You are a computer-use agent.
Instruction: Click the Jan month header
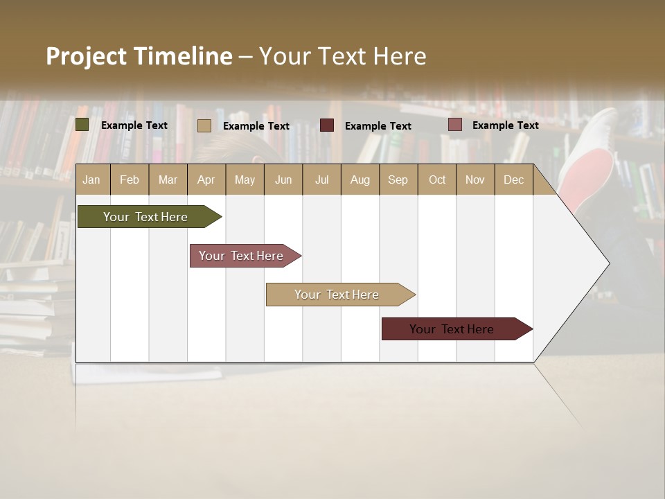pyautogui.click(x=91, y=180)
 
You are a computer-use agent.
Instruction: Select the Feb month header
pyautogui.click(x=130, y=180)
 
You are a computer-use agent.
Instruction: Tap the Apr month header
pyautogui.click(x=206, y=180)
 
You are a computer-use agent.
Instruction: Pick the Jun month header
pyautogui.click(x=283, y=180)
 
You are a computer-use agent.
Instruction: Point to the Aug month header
pyautogui.click(x=360, y=180)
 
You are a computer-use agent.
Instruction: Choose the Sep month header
pyautogui.click(x=398, y=180)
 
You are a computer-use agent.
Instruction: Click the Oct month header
pyautogui.click(x=437, y=180)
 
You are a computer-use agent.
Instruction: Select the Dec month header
pyautogui.click(x=513, y=180)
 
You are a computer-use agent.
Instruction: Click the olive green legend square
pyautogui.click(x=82, y=125)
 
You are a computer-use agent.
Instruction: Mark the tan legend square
pyautogui.click(x=204, y=125)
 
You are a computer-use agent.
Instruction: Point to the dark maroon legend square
pyautogui.click(x=327, y=125)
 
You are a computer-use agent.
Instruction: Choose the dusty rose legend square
pyautogui.click(x=455, y=125)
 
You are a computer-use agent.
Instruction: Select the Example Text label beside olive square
pyautogui.click(x=134, y=125)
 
